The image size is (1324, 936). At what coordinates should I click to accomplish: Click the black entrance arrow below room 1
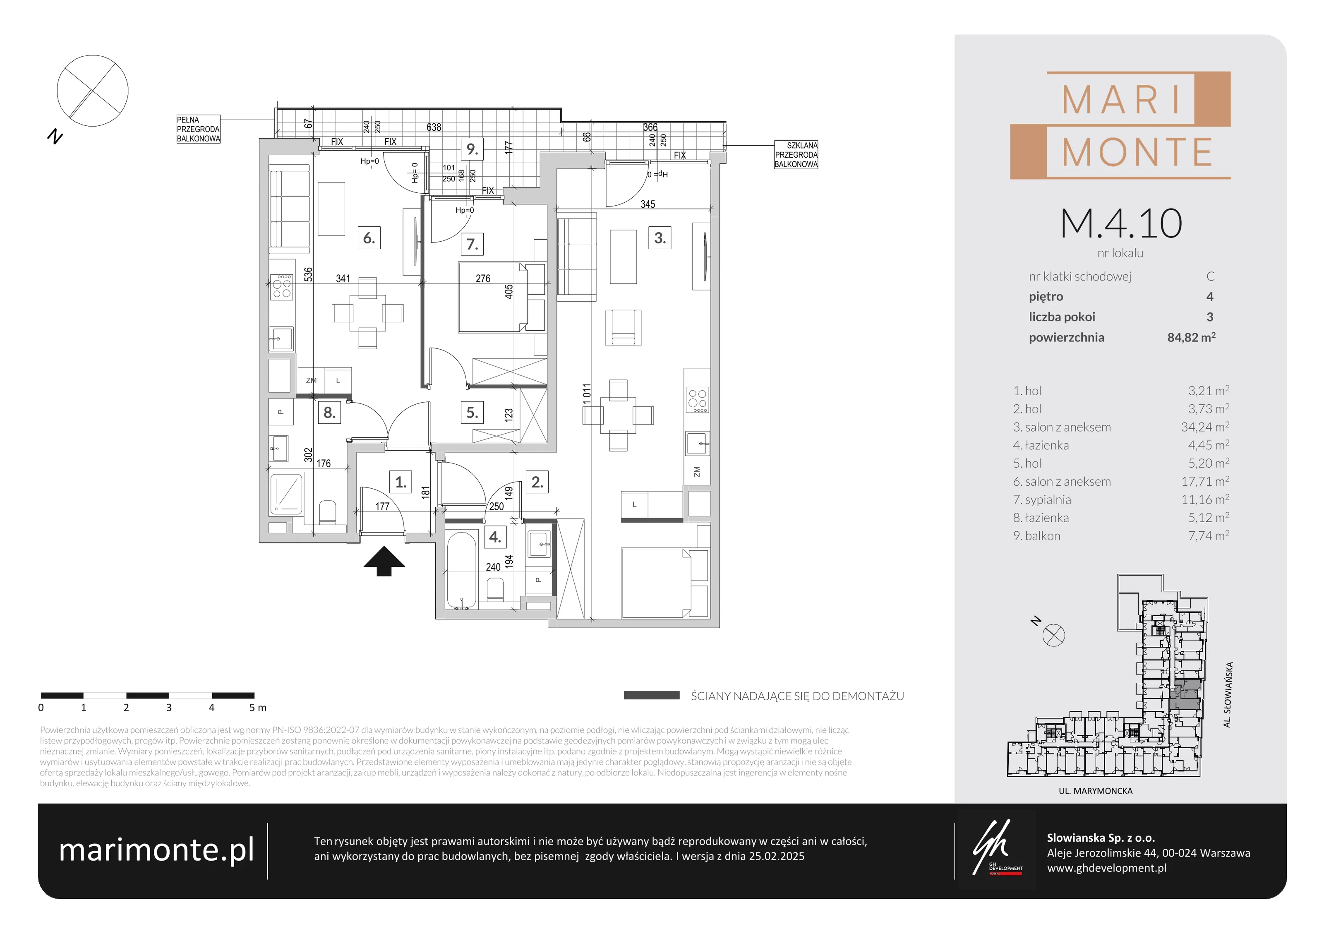[x=384, y=561]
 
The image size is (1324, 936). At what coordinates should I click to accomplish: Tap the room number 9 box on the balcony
[x=472, y=149]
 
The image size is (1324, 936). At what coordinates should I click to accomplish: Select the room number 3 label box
[x=660, y=238]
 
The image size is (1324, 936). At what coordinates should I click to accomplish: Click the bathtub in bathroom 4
[x=461, y=570]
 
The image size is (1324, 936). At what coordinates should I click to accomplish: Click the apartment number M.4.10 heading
[x=1120, y=224]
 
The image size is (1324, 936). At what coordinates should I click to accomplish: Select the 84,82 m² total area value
[x=1191, y=337]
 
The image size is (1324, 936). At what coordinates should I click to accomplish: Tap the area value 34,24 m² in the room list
[x=1204, y=427]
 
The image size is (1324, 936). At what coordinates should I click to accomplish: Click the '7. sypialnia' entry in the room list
[x=1050, y=499]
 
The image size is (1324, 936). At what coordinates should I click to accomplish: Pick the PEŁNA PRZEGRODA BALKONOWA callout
[x=198, y=129]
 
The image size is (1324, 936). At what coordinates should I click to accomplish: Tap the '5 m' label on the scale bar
[x=258, y=708]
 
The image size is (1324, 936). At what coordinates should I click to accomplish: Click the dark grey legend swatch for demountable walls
[x=652, y=696]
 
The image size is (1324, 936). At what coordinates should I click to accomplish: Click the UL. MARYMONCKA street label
[x=1096, y=791]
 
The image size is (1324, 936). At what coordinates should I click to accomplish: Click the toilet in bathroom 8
[x=328, y=512]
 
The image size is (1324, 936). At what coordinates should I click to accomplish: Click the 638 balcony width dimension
[x=434, y=127]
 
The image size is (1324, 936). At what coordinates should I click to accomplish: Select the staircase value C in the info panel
[x=1210, y=276]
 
